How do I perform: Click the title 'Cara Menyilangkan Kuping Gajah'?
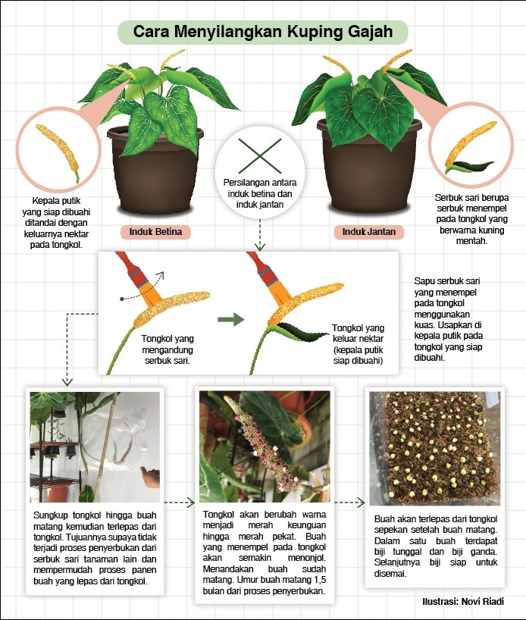click(262, 32)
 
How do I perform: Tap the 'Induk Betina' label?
click(155, 232)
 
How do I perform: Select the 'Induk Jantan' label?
click(368, 232)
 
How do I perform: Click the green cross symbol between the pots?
click(260, 156)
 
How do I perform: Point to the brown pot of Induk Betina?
click(155, 174)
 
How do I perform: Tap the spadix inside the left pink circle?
click(58, 152)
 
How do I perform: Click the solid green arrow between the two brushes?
click(231, 318)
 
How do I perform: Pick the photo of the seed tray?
click(434, 449)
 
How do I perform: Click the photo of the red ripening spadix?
click(265, 446)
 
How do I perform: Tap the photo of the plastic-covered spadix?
click(95, 447)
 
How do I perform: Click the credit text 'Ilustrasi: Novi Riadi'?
click(463, 601)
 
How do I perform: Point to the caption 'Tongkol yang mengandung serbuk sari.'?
click(168, 349)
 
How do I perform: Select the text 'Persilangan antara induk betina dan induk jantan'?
click(260, 193)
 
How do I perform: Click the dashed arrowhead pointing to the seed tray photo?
click(360, 503)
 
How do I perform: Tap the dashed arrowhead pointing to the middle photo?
click(191, 503)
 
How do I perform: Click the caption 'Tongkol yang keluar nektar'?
click(358, 333)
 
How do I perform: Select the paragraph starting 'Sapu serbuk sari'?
click(449, 319)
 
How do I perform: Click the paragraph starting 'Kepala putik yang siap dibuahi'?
click(56, 223)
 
